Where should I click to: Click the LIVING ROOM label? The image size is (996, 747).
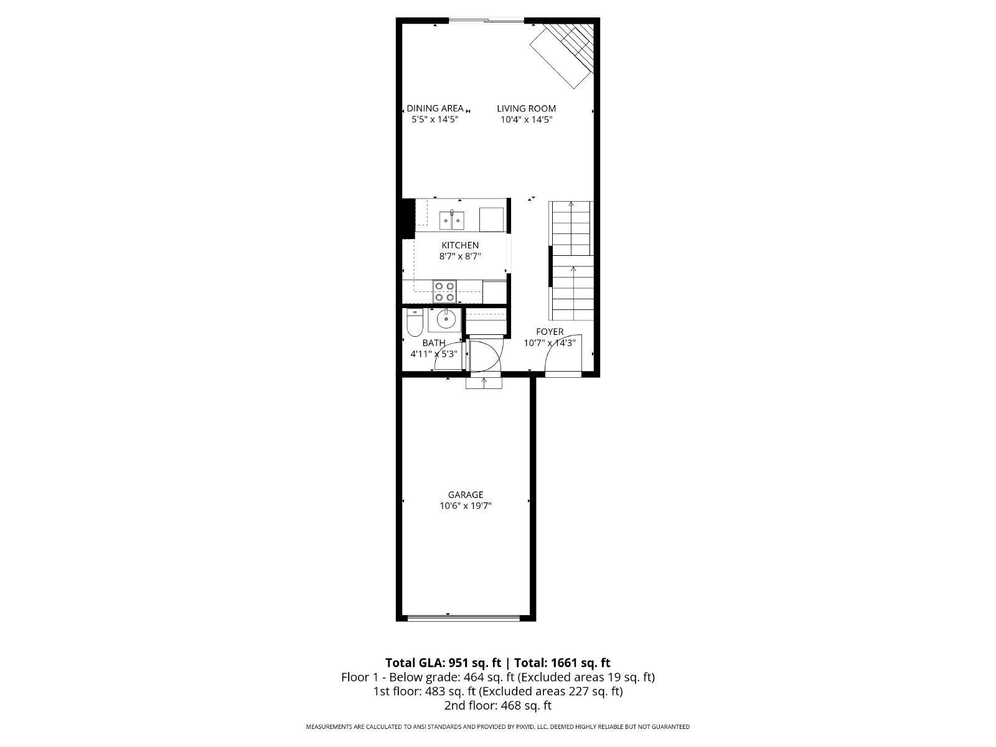(526, 108)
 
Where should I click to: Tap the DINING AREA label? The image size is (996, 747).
(435, 108)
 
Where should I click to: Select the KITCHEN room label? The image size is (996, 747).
(460, 245)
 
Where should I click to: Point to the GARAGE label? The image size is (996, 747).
(466, 495)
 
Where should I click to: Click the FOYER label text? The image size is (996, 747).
(550, 332)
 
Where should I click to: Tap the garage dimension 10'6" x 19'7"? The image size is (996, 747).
(466, 505)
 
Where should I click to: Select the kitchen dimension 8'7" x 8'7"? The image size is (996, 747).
(460, 256)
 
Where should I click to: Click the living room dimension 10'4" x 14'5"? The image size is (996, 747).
(527, 120)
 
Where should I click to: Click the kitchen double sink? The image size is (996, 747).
(451, 220)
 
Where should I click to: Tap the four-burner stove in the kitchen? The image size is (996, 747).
(444, 291)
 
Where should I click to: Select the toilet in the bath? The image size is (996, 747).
(415, 322)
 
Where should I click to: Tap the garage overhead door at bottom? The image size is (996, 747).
(463, 618)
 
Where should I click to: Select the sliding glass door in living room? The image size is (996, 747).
(486, 20)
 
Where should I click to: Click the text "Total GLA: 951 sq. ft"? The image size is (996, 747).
(443, 662)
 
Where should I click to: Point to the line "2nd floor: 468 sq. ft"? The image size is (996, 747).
(498, 706)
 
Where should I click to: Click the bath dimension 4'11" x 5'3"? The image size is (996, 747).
(434, 354)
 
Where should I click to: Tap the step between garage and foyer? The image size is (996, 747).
(484, 383)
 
